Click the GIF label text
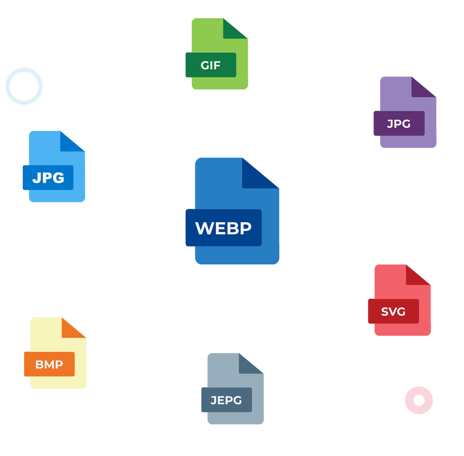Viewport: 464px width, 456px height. pyautogui.click(x=211, y=65)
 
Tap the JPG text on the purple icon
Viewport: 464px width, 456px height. pyautogui.click(x=399, y=124)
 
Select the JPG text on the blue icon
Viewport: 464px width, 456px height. pyautogui.click(x=48, y=178)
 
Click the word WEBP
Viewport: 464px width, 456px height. pyautogui.click(x=223, y=228)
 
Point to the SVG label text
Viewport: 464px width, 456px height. pyautogui.click(x=393, y=312)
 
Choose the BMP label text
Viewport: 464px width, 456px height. pyautogui.click(x=49, y=365)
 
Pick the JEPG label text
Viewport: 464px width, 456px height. pyautogui.click(x=226, y=400)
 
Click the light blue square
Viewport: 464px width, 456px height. pyautogui.click(x=24, y=86)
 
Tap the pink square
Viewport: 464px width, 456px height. pyautogui.click(x=419, y=400)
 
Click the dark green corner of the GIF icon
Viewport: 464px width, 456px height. pyautogui.click(x=235, y=28)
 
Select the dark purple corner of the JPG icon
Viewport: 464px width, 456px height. pyautogui.click(x=424, y=87)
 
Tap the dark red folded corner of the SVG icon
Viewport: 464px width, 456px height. pyautogui.click(x=416, y=276)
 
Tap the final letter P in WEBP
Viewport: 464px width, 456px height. pyautogui.click(x=246, y=228)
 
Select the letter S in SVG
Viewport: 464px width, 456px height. pyautogui.click(x=385, y=312)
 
